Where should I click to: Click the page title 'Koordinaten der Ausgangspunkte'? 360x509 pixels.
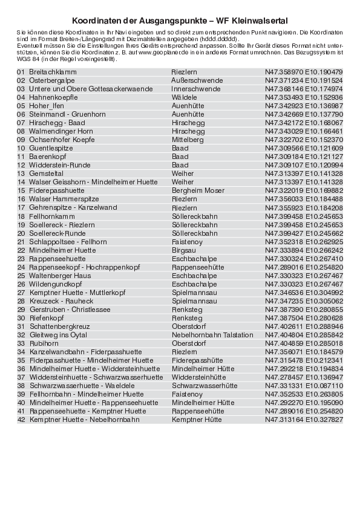tap(180, 19)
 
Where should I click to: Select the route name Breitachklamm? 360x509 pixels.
tap(53, 72)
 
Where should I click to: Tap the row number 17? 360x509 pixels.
tap(21, 207)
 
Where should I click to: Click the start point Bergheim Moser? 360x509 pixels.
tap(198, 190)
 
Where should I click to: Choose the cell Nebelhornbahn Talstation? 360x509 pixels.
tap(212, 334)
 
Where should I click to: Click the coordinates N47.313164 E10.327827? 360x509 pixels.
tap(304, 419)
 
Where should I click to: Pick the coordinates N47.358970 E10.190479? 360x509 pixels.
tap(304, 72)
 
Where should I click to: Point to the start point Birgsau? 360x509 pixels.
tap(184, 250)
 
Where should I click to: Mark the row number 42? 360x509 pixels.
tap(21, 419)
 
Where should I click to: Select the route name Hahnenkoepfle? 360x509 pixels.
tap(53, 97)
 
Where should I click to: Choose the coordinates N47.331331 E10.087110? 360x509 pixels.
tap(304, 385)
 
